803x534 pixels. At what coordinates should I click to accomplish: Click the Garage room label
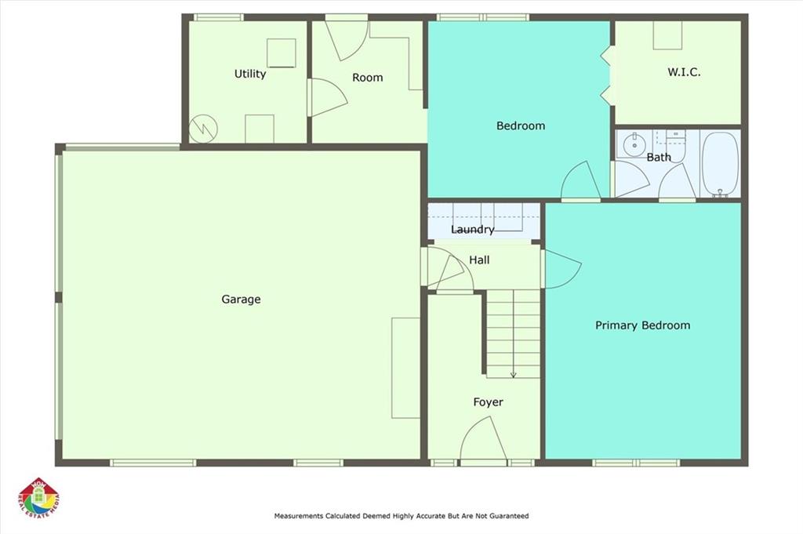click(241, 300)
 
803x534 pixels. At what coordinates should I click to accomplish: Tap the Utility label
click(250, 74)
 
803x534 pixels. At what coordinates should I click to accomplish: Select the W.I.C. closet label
click(684, 72)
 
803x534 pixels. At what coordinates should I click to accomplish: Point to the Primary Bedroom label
click(643, 325)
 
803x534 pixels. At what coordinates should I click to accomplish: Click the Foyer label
click(488, 402)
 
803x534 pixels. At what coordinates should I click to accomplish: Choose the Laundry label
click(473, 230)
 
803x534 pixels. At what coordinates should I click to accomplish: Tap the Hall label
click(479, 260)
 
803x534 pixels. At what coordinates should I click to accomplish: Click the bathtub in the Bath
click(720, 163)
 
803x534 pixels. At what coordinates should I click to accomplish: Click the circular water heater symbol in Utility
click(203, 129)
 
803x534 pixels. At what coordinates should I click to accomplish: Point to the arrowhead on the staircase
click(513, 376)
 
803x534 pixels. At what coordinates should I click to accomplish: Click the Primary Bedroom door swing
click(563, 268)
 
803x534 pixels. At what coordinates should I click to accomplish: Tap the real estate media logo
click(39, 499)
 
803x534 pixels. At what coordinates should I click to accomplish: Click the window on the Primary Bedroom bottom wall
click(637, 463)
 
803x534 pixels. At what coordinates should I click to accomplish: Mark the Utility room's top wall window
click(219, 17)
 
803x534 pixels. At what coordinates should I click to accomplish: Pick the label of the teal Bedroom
click(521, 126)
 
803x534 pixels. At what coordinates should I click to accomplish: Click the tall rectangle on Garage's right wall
click(406, 368)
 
